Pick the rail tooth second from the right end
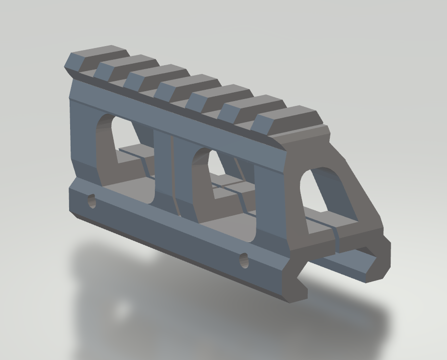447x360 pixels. click(251, 106)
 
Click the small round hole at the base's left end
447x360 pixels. click(92, 201)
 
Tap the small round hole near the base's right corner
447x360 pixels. click(244, 261)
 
